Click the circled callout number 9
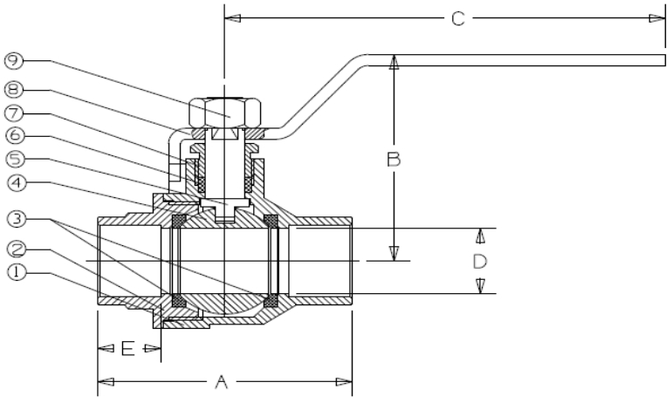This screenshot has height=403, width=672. pyautogui.click(x=14, y=61)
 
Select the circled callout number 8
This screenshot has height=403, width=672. pyautogui.click(x=14, y=90)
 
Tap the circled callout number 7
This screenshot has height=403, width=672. pyautogui.click(x=14, y=113)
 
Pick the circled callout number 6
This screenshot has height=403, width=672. pyautogui.click(x=15, y=136)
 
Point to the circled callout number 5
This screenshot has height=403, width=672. pyautogui.click(x=15, y=160)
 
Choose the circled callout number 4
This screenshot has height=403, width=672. pyautogui.click(x=17, y=183)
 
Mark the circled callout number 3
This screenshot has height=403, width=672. pyautogui.click(x=17, y=219)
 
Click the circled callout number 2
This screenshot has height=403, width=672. pyautogui.click(x=17, y=249)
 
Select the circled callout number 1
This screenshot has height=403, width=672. pyautogui.click(x=17, y=273)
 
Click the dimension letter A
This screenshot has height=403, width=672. pyautogui.click(x=221, y=382)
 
